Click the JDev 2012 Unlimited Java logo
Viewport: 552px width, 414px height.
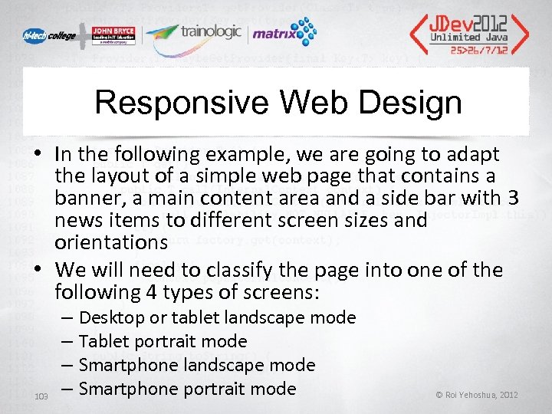468,30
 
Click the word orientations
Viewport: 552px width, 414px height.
110,242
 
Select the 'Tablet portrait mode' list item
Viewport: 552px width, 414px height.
163,341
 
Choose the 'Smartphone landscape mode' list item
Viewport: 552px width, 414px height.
197,365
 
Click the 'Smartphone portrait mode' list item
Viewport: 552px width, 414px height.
187,389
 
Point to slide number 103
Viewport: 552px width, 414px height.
42,395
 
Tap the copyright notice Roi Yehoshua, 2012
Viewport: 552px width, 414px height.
476,395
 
